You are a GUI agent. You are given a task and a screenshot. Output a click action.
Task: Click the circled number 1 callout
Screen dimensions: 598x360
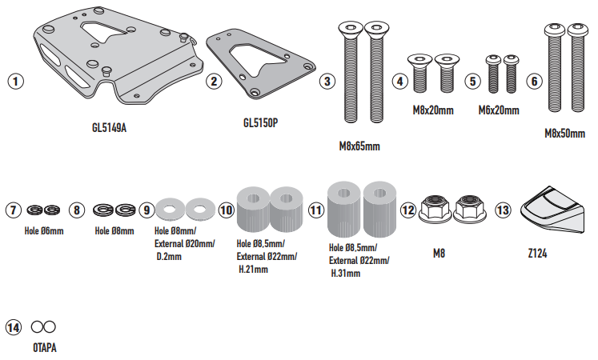(16, 81)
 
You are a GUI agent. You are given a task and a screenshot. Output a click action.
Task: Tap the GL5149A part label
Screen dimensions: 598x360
(109, 128)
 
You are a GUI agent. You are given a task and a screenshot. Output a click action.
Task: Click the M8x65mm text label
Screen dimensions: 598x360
(359, 146)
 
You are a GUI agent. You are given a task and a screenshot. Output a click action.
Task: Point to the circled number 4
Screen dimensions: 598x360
(400, 81)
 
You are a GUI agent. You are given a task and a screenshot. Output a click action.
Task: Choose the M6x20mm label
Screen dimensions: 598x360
(499, 110)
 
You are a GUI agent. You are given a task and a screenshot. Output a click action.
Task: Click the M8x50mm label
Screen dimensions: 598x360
(564, 134)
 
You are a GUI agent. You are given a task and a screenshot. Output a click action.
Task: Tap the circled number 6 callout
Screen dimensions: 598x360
(534, 81)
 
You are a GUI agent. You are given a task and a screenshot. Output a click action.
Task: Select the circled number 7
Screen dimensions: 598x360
(14, 210)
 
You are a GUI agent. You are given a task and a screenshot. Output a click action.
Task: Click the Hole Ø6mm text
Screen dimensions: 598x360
(44, 231)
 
